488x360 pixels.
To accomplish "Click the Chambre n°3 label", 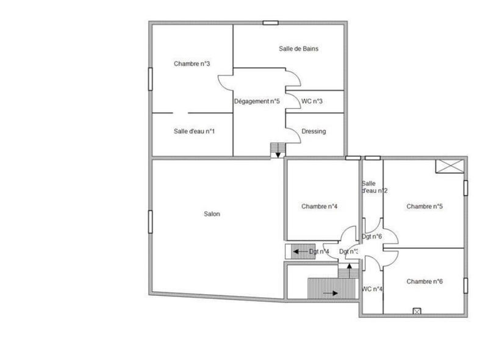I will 192,63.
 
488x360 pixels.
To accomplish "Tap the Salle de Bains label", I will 298,49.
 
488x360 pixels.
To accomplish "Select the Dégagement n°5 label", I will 257,101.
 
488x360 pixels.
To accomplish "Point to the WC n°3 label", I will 312,101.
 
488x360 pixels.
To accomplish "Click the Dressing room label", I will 314,131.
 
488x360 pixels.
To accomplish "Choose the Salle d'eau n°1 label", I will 194,131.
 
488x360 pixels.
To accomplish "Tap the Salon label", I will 212,214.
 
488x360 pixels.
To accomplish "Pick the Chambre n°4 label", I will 320,206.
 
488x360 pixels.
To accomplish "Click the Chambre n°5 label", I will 425,206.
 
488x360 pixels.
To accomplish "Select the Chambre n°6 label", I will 425,281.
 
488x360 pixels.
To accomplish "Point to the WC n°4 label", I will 372,289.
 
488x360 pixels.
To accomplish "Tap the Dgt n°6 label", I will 372,237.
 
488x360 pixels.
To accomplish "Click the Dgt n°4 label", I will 319,251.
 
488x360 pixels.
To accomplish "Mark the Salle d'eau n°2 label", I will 374,187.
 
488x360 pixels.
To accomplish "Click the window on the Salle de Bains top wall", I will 270,23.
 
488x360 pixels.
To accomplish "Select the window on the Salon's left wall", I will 150,221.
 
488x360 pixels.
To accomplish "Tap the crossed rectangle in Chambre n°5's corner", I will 449,166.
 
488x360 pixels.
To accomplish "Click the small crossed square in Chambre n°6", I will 417,311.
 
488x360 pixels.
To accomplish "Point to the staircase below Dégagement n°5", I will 278,150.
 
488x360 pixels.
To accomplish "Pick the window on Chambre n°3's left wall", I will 150,79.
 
